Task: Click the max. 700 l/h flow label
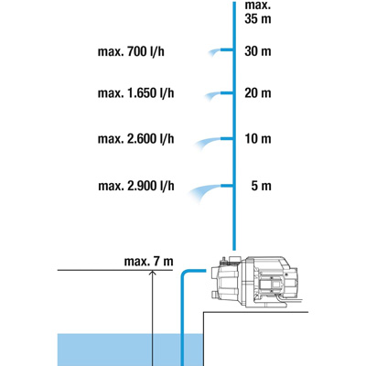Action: click(131, 51)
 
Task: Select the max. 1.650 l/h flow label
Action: click(135, 93)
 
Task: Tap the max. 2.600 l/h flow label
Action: click(135, 139)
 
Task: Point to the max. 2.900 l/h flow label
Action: click(136, 186)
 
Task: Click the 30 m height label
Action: click(258, 51)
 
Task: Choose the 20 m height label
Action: click(258, 93)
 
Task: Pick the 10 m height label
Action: click(258, 139)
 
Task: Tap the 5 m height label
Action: click(262, 186)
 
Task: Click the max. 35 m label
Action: click(258, 12)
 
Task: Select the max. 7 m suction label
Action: click(148, 262)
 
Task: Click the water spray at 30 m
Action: click(214, 52)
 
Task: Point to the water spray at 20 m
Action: click(212, 95)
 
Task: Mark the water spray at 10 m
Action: click(208, 143)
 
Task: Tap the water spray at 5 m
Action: click(204, 191)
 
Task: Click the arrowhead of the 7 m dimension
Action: click(152, 273)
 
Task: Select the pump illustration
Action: click(254, 282)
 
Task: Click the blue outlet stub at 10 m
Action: click(227, 139)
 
